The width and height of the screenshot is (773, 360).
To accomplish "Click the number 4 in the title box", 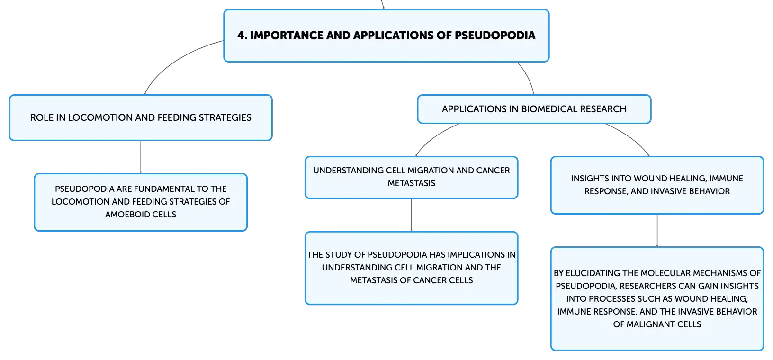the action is [x=241, y=35].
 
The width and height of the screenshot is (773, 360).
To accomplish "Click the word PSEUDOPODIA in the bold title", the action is [x=495, y=35].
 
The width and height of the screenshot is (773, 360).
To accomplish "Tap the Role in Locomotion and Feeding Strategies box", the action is [x=141, y=117].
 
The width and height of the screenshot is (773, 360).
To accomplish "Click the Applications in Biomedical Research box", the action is [x=534, y=109].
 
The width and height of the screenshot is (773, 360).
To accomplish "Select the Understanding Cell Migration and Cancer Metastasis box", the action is [x=411, y=178].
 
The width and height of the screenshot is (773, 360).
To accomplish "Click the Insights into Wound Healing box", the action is [x=657, y=185].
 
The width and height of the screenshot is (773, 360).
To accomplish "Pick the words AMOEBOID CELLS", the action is [x=141, y=215].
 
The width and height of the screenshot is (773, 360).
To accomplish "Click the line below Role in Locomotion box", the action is [x=141, y=157].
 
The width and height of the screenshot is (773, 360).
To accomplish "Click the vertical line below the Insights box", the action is [x=657, y=231].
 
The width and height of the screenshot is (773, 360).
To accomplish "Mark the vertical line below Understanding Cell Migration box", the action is [x=411, y=215].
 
